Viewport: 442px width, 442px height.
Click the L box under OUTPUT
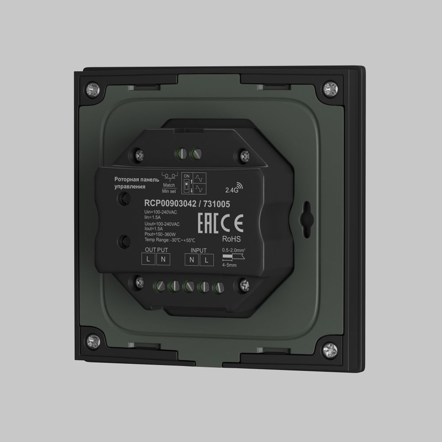tap(149, 260)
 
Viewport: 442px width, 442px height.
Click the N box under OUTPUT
tap(163, 260)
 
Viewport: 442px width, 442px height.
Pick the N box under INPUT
tap(192, 260)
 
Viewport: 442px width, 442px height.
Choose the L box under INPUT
tap(206, 260)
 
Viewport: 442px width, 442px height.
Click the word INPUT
tap(198, 250)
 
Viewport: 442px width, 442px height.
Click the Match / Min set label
tap(169, 188)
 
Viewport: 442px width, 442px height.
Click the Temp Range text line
tap(170, 240)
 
